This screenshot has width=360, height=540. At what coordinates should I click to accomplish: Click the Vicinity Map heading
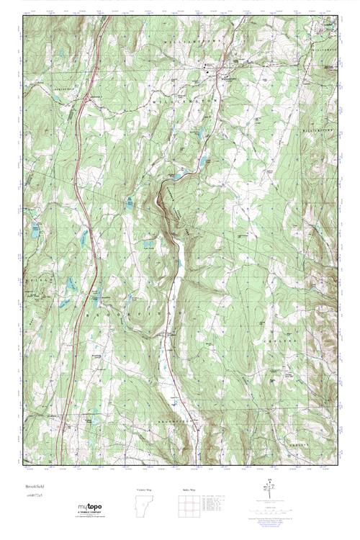(144, 489)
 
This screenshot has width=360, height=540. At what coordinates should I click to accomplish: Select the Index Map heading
(191, 489)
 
